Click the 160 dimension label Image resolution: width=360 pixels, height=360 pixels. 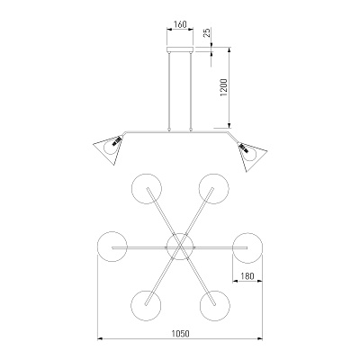point(180,24)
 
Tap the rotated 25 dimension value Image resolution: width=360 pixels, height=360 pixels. point(208,32)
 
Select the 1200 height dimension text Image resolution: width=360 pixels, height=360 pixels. point(225,88)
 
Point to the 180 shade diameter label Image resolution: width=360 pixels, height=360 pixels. point(247,275)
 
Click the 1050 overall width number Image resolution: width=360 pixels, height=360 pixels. point(180,333)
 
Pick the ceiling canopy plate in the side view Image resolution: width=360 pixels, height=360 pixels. point(180,49)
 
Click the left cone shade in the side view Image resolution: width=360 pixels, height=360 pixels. point(109,148)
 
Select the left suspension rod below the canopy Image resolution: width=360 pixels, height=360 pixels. point(169,91)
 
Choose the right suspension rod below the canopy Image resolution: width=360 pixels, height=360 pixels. point(191,91)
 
